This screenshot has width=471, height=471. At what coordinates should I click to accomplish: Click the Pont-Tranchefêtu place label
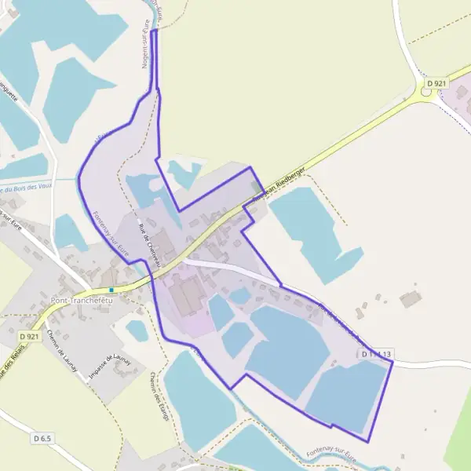click(82, 301)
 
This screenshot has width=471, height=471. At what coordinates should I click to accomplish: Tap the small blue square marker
click(112, 290)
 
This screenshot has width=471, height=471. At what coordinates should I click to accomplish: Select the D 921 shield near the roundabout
click(436, 82)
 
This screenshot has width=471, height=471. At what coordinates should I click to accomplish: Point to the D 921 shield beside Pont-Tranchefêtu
click(29, 337)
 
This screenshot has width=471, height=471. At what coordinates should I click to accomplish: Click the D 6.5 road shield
click(42, 437)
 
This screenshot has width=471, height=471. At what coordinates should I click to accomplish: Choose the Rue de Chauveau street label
click(149, 243)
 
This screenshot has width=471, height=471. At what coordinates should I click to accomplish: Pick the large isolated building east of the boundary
click(410, 299)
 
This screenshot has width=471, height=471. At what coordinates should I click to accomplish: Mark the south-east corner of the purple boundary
click(368, 442)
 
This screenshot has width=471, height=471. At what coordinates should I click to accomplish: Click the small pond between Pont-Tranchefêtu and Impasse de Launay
click(137, 330)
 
